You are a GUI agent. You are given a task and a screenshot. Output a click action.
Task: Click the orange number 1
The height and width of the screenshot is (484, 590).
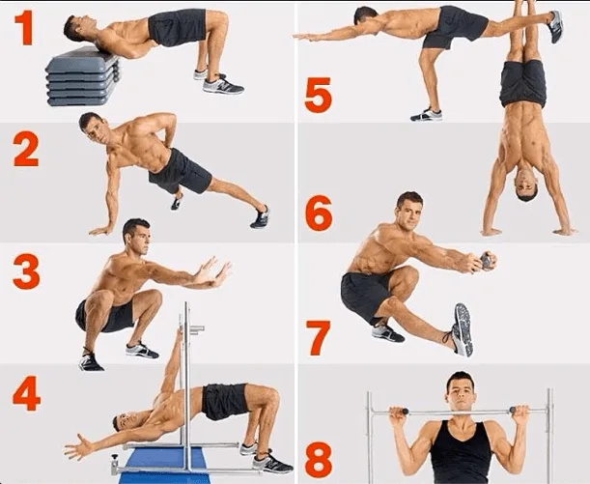[23, 29]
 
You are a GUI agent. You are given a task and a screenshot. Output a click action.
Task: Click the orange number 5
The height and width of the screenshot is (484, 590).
[318, 95]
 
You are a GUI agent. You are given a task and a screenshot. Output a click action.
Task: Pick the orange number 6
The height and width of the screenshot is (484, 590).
[318, 213]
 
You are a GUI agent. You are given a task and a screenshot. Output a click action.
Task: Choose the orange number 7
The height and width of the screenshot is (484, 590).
[318, 337]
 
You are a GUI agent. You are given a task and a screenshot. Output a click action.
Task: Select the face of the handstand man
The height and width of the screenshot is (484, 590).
[526, 189]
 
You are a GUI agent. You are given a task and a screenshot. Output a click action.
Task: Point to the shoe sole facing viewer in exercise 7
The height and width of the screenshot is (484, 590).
[463, 328]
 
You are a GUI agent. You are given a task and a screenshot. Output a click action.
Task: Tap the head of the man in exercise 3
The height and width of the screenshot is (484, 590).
[134, 234]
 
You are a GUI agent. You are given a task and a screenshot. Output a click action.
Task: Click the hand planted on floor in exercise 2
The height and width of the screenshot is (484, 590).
[99, 230]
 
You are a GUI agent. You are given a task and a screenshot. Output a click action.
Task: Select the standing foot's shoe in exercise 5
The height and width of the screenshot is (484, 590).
[426, 114]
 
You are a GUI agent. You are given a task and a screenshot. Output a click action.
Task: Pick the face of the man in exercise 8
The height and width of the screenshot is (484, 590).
[460, 392]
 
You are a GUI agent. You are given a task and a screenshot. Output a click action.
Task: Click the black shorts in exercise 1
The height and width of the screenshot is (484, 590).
[178, 27]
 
